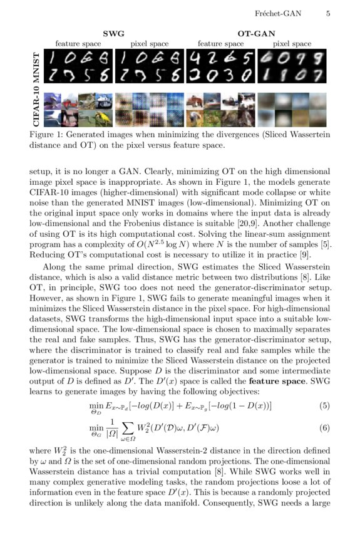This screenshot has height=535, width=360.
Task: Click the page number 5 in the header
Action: point(328,13)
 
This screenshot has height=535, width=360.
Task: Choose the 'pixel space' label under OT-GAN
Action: point(292,44)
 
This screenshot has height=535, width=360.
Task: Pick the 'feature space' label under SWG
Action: point(78,44)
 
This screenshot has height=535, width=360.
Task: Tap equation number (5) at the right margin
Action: point(324,405)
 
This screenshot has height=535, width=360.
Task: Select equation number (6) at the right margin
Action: point(324,428)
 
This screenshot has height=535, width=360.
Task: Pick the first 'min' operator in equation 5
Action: point(96,404)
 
